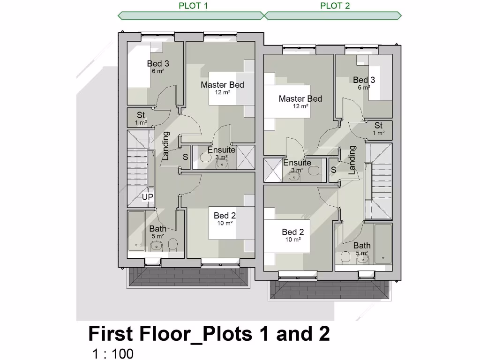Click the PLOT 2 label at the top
(335, 6)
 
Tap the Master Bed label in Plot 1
(222, 85)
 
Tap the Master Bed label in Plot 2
(300, 99)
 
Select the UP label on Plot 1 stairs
(148, 197)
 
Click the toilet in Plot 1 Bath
(173, 244)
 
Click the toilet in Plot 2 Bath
(346, 257)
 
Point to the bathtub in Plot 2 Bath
(383, 243)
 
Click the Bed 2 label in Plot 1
(225, 216)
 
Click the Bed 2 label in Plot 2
(292, 232)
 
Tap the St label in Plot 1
(141, 115)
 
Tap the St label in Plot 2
(378, 126)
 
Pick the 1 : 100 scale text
(113, 353)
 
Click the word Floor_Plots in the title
(196, 334)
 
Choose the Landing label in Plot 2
(352, 160)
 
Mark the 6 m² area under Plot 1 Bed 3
(157, 71)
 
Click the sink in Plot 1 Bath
(158, 246)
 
